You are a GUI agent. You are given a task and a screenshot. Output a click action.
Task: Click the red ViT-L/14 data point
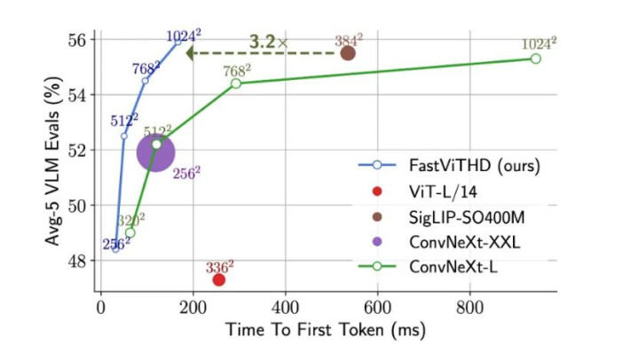(x=218, y=280)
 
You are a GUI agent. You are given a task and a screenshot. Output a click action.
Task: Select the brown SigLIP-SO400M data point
(x=348, y=53)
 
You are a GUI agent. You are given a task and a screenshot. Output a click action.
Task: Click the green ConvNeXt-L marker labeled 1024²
(x=535, y=59)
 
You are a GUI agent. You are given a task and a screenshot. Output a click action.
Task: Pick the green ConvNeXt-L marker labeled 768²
(x=236, y=83)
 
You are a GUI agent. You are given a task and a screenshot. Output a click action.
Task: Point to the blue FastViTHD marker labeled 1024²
(x=177, y=41)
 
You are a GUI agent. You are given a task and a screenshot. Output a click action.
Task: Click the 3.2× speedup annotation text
(x=268, y=42)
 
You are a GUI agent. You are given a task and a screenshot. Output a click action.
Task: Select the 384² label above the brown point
(x=347, y=40)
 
